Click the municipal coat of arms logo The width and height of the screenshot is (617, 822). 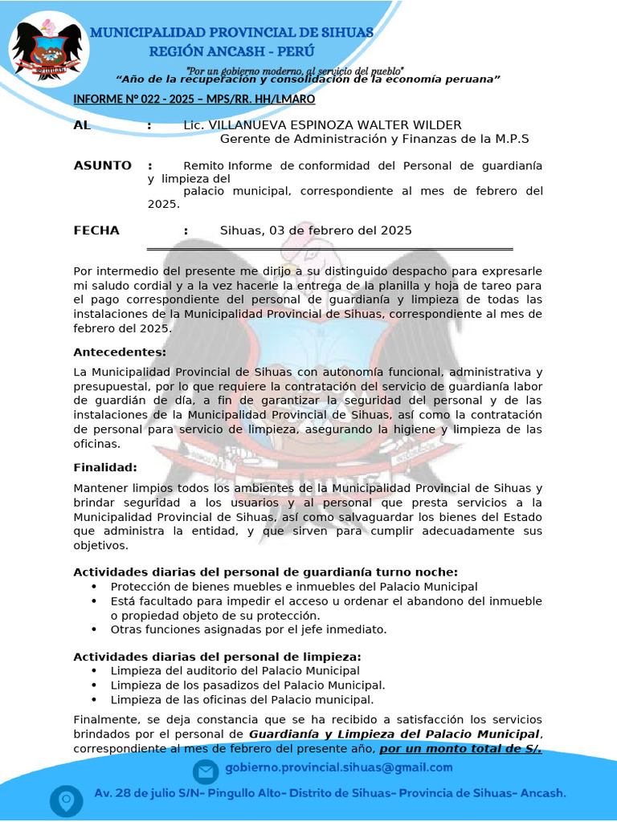tap(47, 49)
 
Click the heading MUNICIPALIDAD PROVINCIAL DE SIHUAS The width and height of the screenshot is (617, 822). tap(231, 33)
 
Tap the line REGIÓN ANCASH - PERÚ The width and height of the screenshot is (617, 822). tap(232, 51)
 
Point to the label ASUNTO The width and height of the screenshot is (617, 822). tap(102, 165)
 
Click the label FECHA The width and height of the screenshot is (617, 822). tap(96, 230)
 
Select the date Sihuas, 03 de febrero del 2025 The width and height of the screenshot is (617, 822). tap(316, 230)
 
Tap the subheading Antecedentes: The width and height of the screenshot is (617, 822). tap(120, 352)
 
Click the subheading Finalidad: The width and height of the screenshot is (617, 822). tap(105, 467)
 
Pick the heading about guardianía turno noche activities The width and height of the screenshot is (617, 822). tap(265, 572)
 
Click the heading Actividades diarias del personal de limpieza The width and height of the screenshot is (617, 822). tap(217, 656)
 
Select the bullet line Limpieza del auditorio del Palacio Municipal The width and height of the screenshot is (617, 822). tap(235, 670)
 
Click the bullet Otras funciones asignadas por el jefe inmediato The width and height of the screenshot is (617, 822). tap(248, 629)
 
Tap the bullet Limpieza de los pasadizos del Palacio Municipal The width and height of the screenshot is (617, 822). tap(247, 685)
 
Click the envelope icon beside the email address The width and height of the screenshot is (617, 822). tap(206, 772)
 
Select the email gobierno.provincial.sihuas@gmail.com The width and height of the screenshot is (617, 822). tap(338, 767)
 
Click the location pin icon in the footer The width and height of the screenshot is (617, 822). tap(66, 800)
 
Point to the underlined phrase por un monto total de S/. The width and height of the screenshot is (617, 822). tap(460, 749)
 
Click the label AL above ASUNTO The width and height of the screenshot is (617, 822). tap(82, 125)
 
